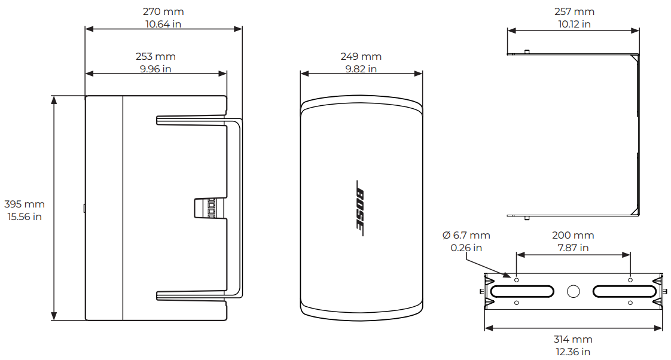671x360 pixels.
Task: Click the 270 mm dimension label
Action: [163, 11]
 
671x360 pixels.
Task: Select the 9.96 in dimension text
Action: [155, 69]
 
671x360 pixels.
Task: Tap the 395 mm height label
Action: [24, 204]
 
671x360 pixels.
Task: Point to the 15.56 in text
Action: [24, 216]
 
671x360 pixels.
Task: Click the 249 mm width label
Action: [361, 56]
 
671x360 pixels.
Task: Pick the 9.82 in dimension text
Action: [361, 69]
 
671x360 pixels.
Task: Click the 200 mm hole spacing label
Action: [572, 235]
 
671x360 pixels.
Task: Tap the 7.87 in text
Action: [572, 248]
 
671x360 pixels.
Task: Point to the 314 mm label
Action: [573, 339]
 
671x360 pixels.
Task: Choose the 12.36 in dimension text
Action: [573, 352]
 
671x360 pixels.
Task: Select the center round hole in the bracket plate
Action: [573, 291]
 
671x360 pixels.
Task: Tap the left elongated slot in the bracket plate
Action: [521, 291]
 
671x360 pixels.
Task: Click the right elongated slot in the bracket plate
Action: [623, 291]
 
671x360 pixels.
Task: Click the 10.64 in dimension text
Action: [163, 24]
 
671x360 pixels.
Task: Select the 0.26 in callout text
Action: [466, 248]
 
